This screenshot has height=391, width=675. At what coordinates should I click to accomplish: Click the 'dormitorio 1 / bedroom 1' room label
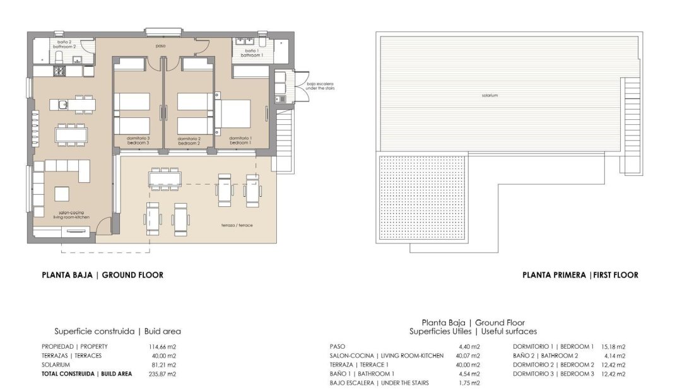tap(240, 141)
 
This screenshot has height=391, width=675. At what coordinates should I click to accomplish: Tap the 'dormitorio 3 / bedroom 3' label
tap(139, 141)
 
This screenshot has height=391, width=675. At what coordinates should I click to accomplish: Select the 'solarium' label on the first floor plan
tap(490, 95)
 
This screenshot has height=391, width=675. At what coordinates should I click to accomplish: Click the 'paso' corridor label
tap(161, 45)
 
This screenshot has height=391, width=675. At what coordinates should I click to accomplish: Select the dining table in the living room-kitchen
tap(71, 134)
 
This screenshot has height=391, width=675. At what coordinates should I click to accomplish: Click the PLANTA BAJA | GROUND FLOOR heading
tap(102, 275)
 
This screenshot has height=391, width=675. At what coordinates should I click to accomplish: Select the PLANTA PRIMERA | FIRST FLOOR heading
tap(580, 275)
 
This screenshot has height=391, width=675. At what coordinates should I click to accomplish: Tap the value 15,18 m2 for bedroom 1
tap(613, 346)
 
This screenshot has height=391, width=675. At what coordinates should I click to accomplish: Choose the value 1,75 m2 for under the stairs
tap(469, 383)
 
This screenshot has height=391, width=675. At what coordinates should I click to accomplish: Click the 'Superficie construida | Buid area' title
tap(117, 330)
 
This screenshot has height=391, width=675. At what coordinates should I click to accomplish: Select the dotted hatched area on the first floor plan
tap(423, 198)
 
